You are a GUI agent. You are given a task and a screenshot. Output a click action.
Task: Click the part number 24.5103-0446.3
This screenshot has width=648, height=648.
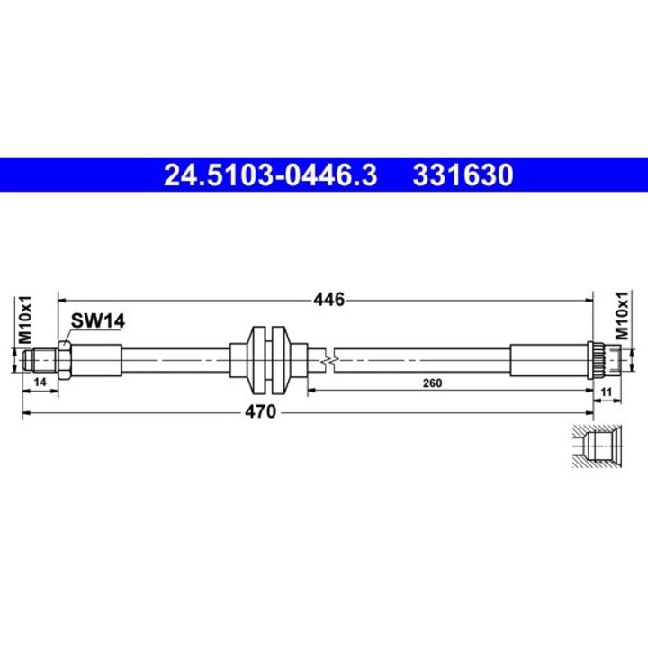pyautogui.click(x=269, y=175)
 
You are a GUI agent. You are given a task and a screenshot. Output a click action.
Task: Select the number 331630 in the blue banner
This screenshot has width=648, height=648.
pyautogui.click(x=463, y=175)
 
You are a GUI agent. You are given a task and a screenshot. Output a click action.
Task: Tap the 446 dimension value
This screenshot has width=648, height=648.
pyautogui.click(x=329, y=300)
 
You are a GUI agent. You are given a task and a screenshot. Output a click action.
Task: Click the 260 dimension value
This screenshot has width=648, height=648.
pyautogui.click(x=432, y=383)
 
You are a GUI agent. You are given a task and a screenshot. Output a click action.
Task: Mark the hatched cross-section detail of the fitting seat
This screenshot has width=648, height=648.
pyautogui.click(x=596, y=445)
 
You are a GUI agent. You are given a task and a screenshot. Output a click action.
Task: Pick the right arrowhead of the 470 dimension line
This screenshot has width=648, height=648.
pyautogui.click(x=616, y=412)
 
